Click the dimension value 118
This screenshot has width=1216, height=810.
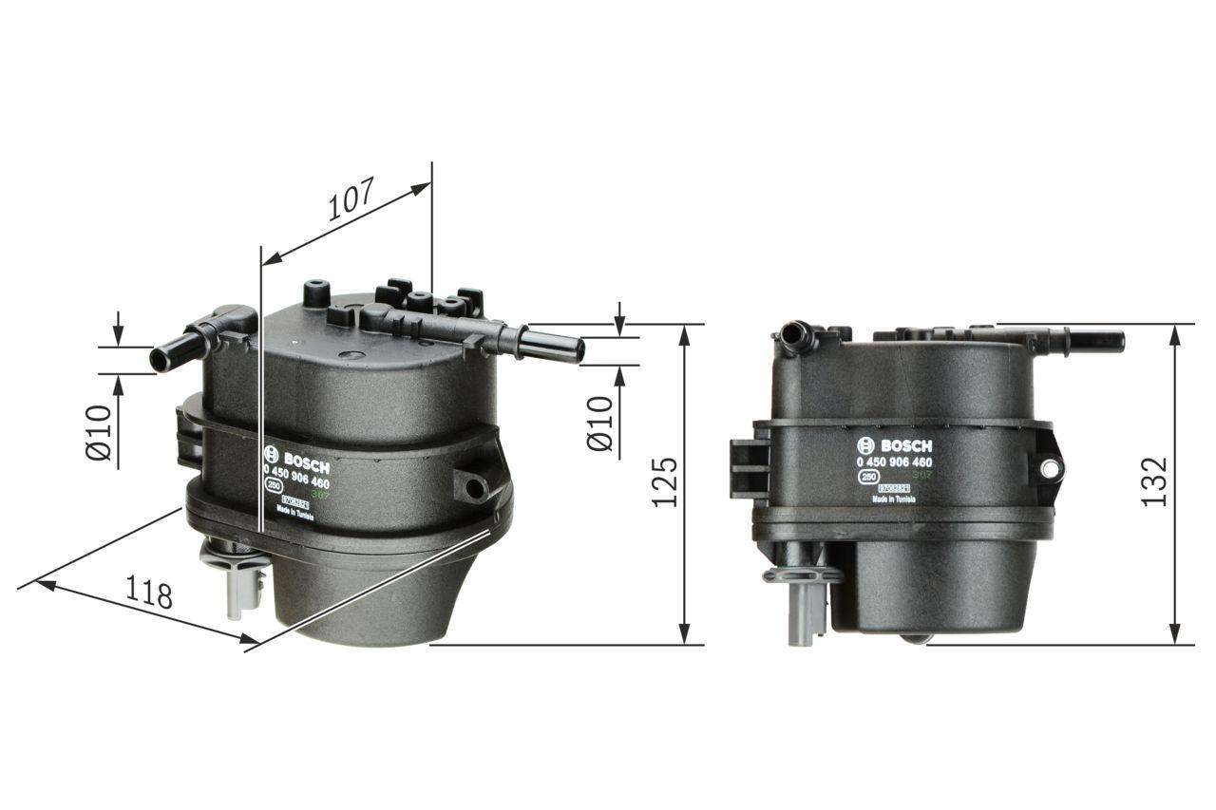(151, 593)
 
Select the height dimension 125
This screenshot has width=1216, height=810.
(666, 482)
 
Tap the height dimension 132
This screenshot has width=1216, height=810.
(1154, 482)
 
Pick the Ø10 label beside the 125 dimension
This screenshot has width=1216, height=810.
(600, 424)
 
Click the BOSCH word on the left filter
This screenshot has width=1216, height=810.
(304, 459)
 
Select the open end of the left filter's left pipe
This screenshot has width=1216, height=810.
(159, 361)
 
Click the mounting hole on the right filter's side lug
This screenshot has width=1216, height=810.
(1049, 468)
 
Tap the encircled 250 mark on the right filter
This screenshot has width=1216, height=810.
(867, 478)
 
